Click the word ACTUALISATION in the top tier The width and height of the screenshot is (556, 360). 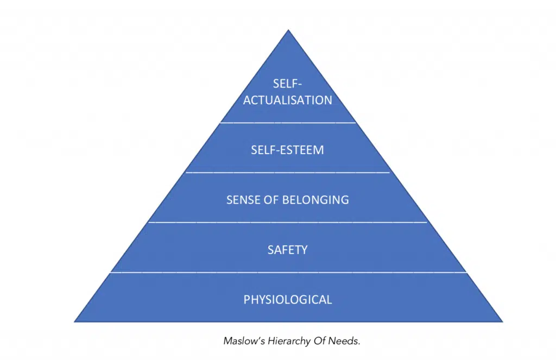tap(288, 100)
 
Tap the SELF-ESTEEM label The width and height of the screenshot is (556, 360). tap(287, 150)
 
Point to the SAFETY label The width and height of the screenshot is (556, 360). tap(288, 250)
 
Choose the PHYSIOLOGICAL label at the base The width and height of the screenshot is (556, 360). tap(288, 300)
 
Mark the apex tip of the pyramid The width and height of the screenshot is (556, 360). tap(288, 30)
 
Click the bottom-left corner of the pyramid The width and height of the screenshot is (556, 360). tap(75, 321)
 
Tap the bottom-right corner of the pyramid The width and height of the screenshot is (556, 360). tap(502, 321)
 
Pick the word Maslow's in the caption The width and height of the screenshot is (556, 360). tap(244, 342)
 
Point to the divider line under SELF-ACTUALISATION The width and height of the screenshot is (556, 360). tap(288, 123)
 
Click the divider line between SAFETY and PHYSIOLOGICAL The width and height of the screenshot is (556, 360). tap(288, 273)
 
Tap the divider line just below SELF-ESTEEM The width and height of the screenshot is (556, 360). tap(288, 173)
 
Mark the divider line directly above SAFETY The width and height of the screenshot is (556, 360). tap(288, 222)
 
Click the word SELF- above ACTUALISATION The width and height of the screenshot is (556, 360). tap(288, 84)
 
